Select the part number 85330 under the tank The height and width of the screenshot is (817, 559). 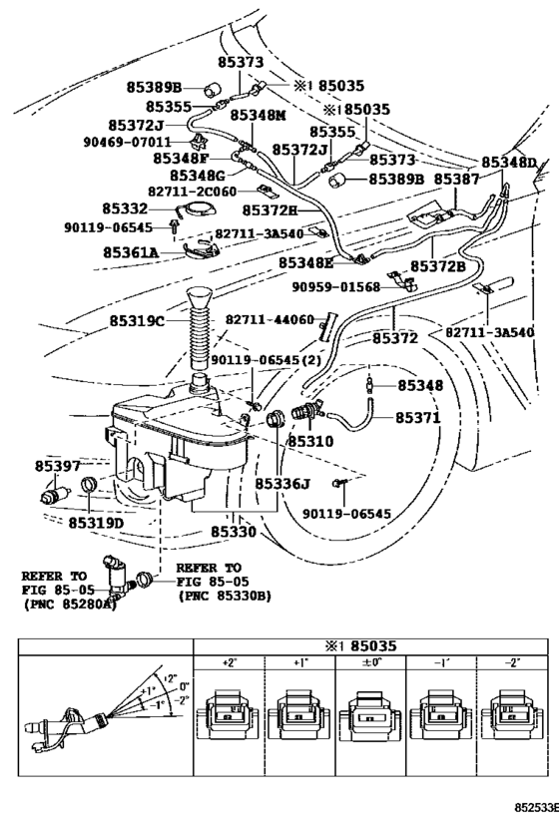pyautogui.click(x=232, y=533)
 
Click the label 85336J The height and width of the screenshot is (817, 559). pyautogui.click(x=282, y=484)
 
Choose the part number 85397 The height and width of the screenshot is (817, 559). pyautogui.click(x=58, y=466)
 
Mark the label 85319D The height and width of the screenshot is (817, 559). pyautogui.click(x=96, y=523)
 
